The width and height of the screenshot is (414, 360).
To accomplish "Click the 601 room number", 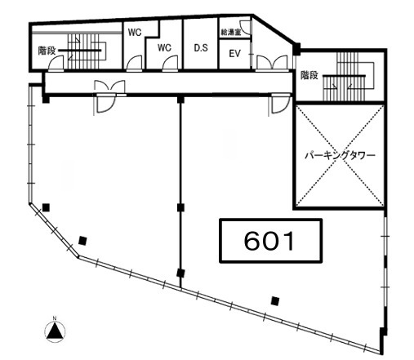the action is click(x=269, y=241).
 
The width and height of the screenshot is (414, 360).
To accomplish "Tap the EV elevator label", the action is click(x=234, y=54).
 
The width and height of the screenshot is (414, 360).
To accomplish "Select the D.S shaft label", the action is click(x=201, y=48).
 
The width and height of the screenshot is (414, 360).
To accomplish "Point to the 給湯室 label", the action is click(x=231, y=33).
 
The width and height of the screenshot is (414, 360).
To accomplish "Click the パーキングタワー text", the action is click(x=340, y=156).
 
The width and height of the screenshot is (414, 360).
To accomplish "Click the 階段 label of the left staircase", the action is click(x=47, y=51).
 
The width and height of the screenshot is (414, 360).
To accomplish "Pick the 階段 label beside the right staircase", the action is click(x=309, y=75).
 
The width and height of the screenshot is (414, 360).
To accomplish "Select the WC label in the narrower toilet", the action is click(x=135, y=33).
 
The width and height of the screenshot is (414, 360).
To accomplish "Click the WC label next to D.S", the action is click(x=164, y=48).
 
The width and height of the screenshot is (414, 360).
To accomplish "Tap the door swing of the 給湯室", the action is click(x=245, y=27).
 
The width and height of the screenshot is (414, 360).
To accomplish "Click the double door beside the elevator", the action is click(x=272, y=63).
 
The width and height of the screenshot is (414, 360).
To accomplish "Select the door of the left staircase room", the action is click(x=56, y=63).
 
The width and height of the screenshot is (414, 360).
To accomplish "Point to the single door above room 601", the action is click(x=279, y=104).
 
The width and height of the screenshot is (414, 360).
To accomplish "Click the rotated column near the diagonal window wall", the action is click(x=82, y=241).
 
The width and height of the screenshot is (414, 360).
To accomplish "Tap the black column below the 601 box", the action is click(x=275, y=301).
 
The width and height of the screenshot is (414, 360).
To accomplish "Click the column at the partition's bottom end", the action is click(x=180, y=273).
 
